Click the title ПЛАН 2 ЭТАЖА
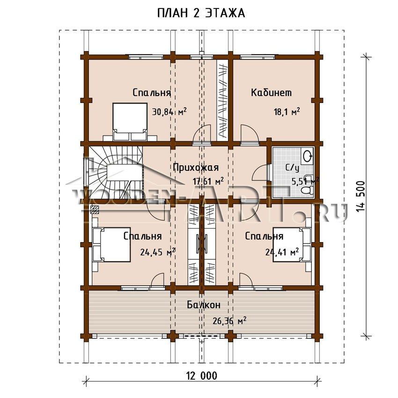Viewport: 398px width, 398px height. (201, 14)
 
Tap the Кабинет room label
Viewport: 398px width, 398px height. (271, 93)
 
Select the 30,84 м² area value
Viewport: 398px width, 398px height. (170, 111)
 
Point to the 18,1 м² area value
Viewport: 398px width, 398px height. (287, 111)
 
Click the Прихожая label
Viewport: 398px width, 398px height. (196, 168)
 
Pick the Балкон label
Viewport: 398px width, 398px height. (204, 305)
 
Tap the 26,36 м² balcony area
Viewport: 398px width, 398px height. (229, 321)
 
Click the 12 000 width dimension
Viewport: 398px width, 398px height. (202, 376)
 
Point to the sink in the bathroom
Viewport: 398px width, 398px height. (307, 155)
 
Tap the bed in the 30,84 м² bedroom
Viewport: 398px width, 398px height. (130, 122)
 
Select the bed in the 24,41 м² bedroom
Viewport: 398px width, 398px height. (292, 244)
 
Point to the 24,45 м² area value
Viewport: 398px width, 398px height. (158, 252)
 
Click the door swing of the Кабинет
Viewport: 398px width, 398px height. (250, 134)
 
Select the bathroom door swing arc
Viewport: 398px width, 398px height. (260, 173)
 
